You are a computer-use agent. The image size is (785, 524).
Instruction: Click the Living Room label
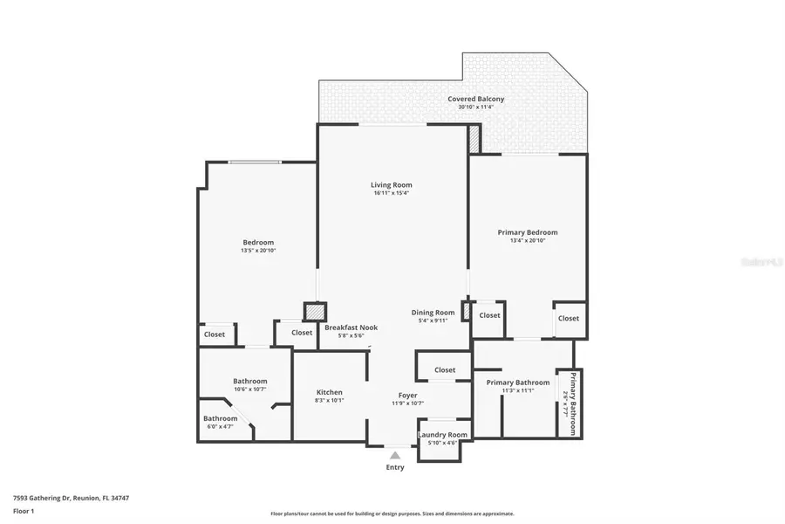391,185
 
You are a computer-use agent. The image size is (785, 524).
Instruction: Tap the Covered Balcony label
475,100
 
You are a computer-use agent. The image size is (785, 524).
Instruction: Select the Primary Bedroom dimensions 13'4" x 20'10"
528,241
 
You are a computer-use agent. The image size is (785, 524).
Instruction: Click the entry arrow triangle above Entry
395,455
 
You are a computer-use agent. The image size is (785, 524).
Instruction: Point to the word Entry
395,467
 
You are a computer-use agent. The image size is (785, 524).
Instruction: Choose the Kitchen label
329,393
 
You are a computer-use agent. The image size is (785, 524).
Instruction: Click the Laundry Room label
442,435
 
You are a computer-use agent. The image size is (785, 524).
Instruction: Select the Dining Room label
433,313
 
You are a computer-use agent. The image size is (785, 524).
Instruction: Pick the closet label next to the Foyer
445,370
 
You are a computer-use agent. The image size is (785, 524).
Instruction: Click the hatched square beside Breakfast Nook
313,311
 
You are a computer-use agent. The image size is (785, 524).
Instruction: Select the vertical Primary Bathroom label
573,403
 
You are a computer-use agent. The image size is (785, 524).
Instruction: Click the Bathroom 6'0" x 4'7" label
221,419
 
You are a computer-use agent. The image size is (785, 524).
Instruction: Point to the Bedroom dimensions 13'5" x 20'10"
258,251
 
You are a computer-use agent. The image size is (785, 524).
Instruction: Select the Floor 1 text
24,512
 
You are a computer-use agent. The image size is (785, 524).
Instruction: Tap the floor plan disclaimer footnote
392,514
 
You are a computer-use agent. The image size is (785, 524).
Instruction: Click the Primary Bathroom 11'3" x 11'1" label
518,383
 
